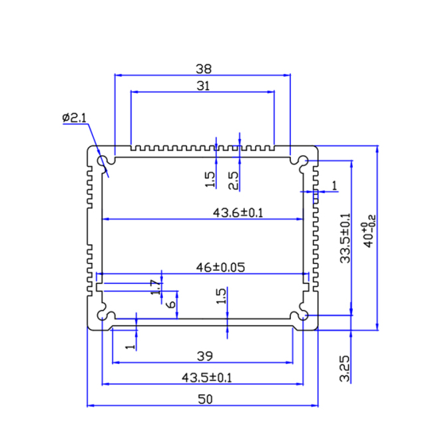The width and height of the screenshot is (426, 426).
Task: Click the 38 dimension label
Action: coord(203,68)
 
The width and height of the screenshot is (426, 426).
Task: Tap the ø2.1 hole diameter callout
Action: coord(75,118)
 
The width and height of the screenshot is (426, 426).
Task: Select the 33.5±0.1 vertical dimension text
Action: coord(345,238)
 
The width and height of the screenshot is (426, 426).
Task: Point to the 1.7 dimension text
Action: coord(156,288)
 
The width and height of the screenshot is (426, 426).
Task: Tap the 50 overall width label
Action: coord(204,399)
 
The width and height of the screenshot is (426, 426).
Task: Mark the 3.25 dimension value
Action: coord(344,368)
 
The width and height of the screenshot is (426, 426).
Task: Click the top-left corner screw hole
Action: coord(105,161)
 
